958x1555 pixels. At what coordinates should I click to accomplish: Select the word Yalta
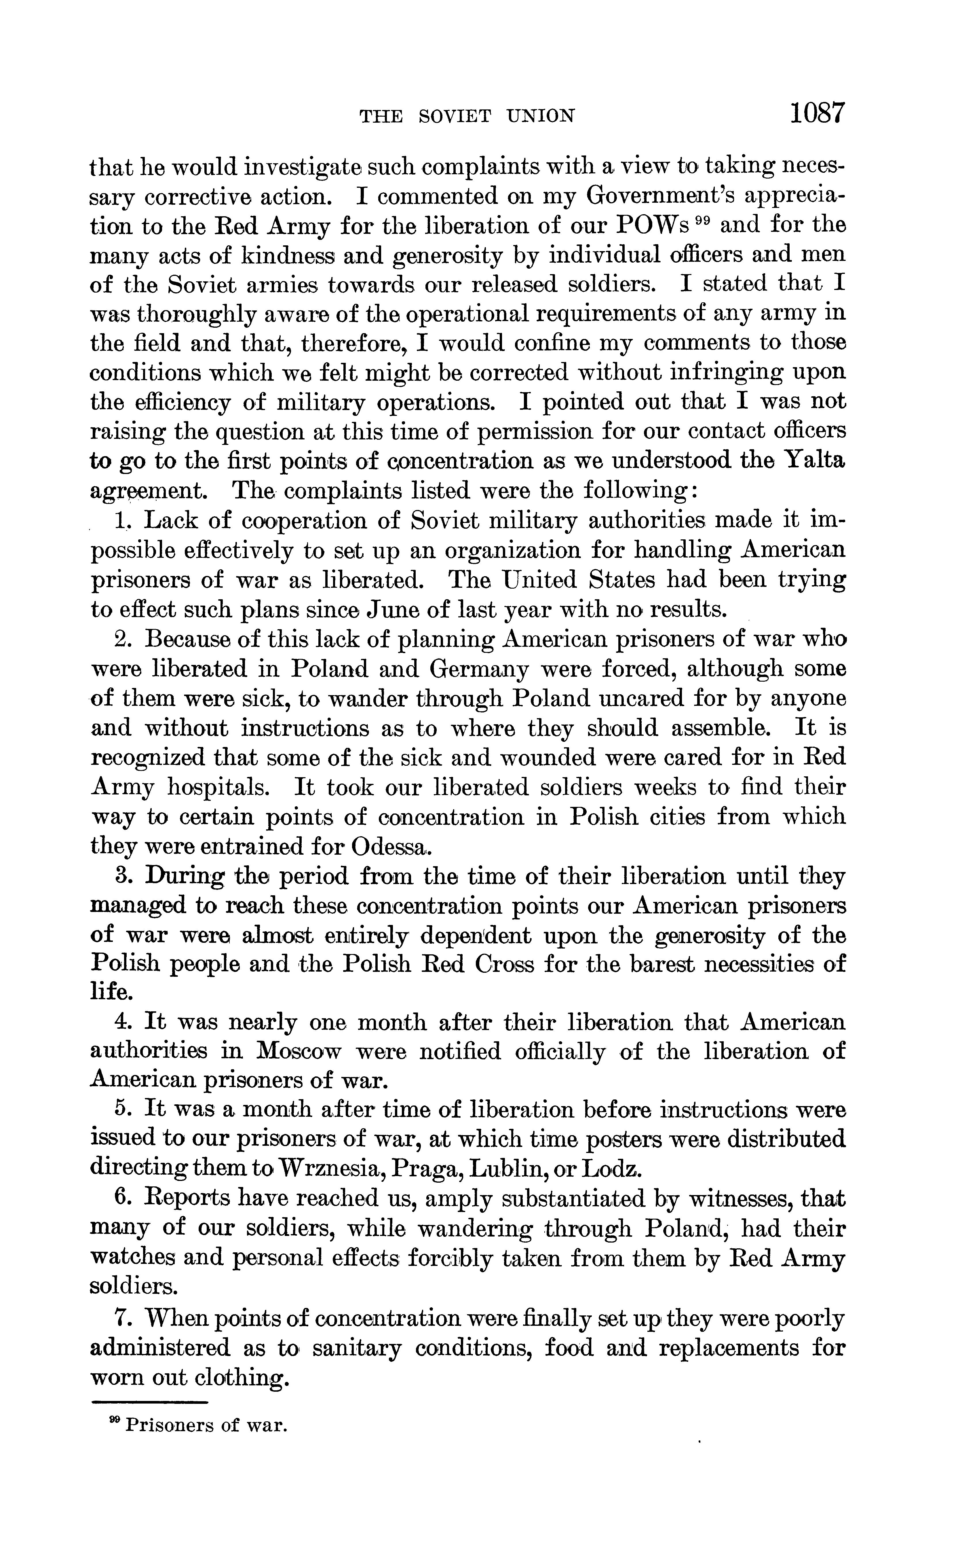[x=813, y=461]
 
